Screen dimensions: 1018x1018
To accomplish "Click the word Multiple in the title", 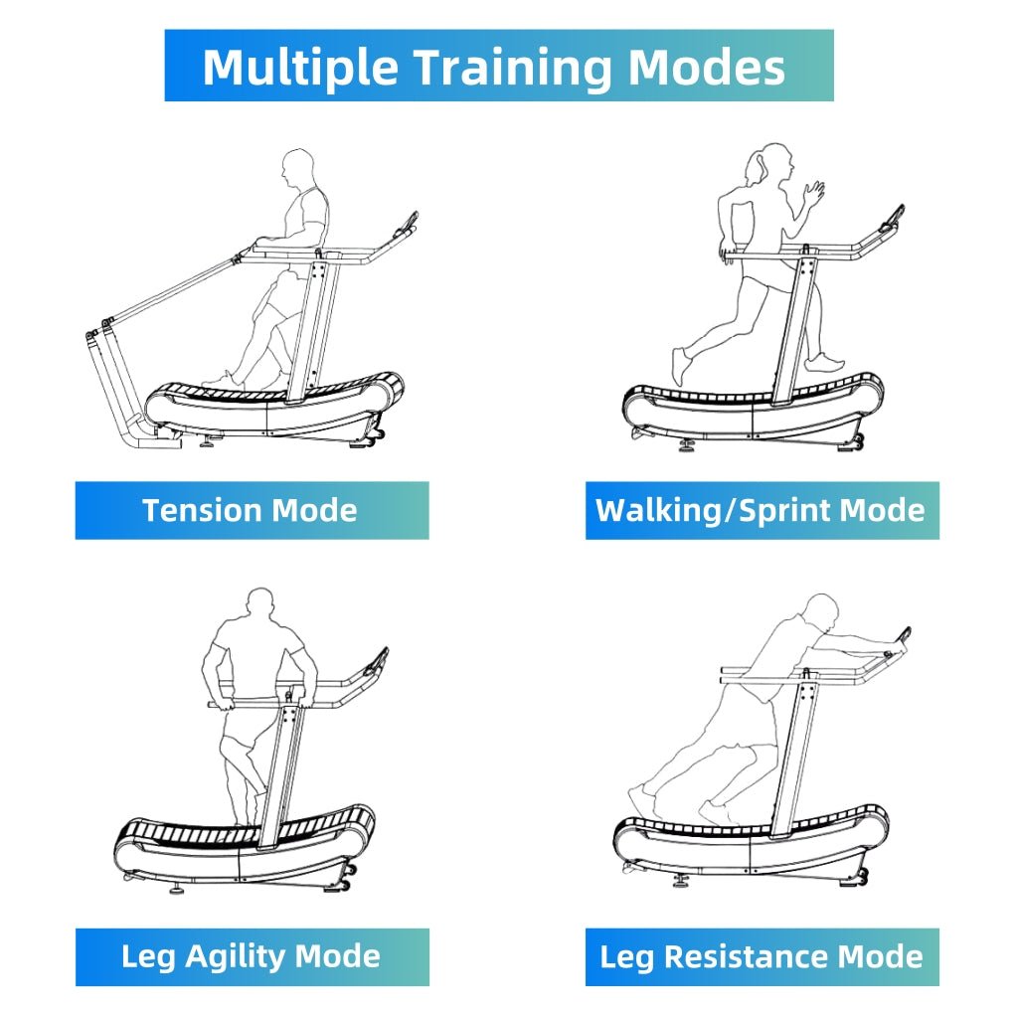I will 299,67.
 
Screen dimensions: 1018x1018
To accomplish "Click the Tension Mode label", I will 251,511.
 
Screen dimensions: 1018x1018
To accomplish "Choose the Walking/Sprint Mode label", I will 761,511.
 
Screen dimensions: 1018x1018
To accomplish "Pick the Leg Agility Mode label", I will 251,957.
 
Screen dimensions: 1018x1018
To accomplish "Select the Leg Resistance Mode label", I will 761,957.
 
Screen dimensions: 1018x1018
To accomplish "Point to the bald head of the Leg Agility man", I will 259,604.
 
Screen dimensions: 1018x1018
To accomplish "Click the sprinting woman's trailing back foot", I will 679,365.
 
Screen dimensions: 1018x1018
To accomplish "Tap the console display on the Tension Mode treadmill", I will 407,226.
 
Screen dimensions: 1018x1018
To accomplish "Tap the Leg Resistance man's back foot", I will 640,796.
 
